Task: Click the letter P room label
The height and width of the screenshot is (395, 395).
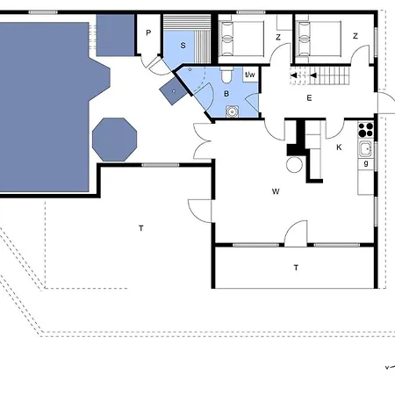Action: [x=148, y=32]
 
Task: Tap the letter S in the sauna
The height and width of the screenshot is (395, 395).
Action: [x=183, y=46]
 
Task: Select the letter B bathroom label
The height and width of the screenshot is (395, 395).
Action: [x=226, y=94]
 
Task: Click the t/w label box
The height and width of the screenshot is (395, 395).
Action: [x=250, y=75]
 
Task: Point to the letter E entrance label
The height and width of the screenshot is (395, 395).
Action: [x=309, y=98]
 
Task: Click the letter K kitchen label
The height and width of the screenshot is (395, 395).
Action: [x=339, y=147]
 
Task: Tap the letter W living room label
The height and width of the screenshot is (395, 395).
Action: [x=276, y=191]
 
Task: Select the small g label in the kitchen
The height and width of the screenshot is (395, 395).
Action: [x=366, y=163]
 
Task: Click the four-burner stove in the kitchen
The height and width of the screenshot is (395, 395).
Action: [x=366, y=130]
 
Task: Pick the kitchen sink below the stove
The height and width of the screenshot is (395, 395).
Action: [x=365, y=149]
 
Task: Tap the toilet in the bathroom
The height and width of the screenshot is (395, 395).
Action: [x=226, y=75]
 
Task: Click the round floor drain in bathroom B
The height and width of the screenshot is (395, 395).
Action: [x=232, y=111]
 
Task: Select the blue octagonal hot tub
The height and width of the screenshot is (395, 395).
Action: [x=114, y=140]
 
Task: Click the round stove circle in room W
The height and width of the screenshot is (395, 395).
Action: [x=294, y=165]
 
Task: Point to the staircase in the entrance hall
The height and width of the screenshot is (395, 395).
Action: [x=320, y=75]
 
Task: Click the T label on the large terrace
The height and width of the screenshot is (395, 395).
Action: [x=141, y=228]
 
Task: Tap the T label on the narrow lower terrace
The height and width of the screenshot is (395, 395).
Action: [x=296, y=268]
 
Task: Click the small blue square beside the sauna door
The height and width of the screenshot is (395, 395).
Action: [x=174, y=91]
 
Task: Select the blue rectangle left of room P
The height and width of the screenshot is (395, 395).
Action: [x=115, y=35]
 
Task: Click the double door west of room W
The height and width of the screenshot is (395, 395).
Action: [x=202, y=141]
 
